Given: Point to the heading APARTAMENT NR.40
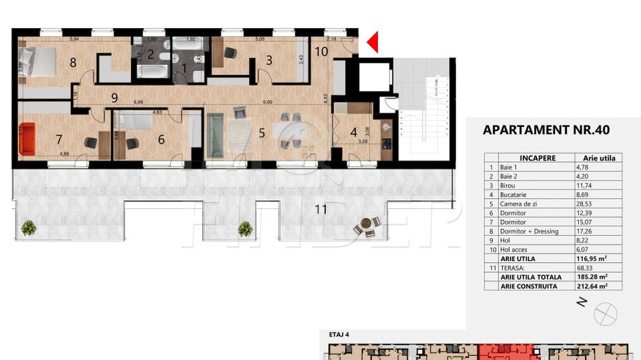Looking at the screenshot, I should pos(545,130).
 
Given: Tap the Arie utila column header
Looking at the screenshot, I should pos(599,157).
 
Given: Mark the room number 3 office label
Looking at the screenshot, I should pos(269,61).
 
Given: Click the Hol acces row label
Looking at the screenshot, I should pos(522,249).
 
